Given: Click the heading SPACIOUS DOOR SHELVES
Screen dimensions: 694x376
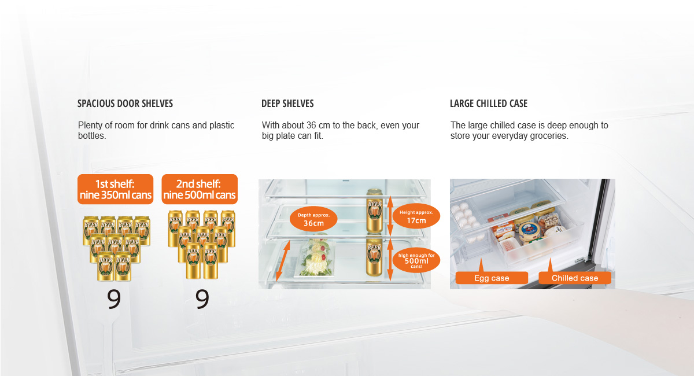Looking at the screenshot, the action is point(125,104).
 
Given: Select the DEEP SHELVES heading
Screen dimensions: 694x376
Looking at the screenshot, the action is point(287,104).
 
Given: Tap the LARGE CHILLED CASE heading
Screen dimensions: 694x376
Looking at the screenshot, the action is point(489,104).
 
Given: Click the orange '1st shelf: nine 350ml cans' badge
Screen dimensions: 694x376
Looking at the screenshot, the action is point(115,189).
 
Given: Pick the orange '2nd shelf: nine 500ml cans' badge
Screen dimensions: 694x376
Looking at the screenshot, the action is point(200,189).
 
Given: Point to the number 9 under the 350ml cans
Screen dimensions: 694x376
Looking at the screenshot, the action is point(114,299).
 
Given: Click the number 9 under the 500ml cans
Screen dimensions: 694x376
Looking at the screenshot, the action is point(202,299).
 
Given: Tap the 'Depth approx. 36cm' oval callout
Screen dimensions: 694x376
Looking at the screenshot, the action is point(313,219).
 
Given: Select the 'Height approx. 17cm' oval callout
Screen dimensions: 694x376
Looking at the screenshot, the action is point(416,216).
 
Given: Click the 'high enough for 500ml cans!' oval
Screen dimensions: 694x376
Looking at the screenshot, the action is point(416,260).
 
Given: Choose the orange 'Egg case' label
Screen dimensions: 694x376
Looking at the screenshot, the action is point(492,278).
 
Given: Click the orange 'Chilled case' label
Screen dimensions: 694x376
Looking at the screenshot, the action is point(575,278).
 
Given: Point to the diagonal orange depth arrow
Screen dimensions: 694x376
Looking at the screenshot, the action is point(283,261).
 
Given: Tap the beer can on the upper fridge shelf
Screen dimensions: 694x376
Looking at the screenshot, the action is point(374,211).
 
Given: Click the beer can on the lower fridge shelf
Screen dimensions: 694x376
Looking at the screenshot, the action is point(374,257).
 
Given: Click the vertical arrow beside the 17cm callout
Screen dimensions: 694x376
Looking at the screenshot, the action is point(390,216).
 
